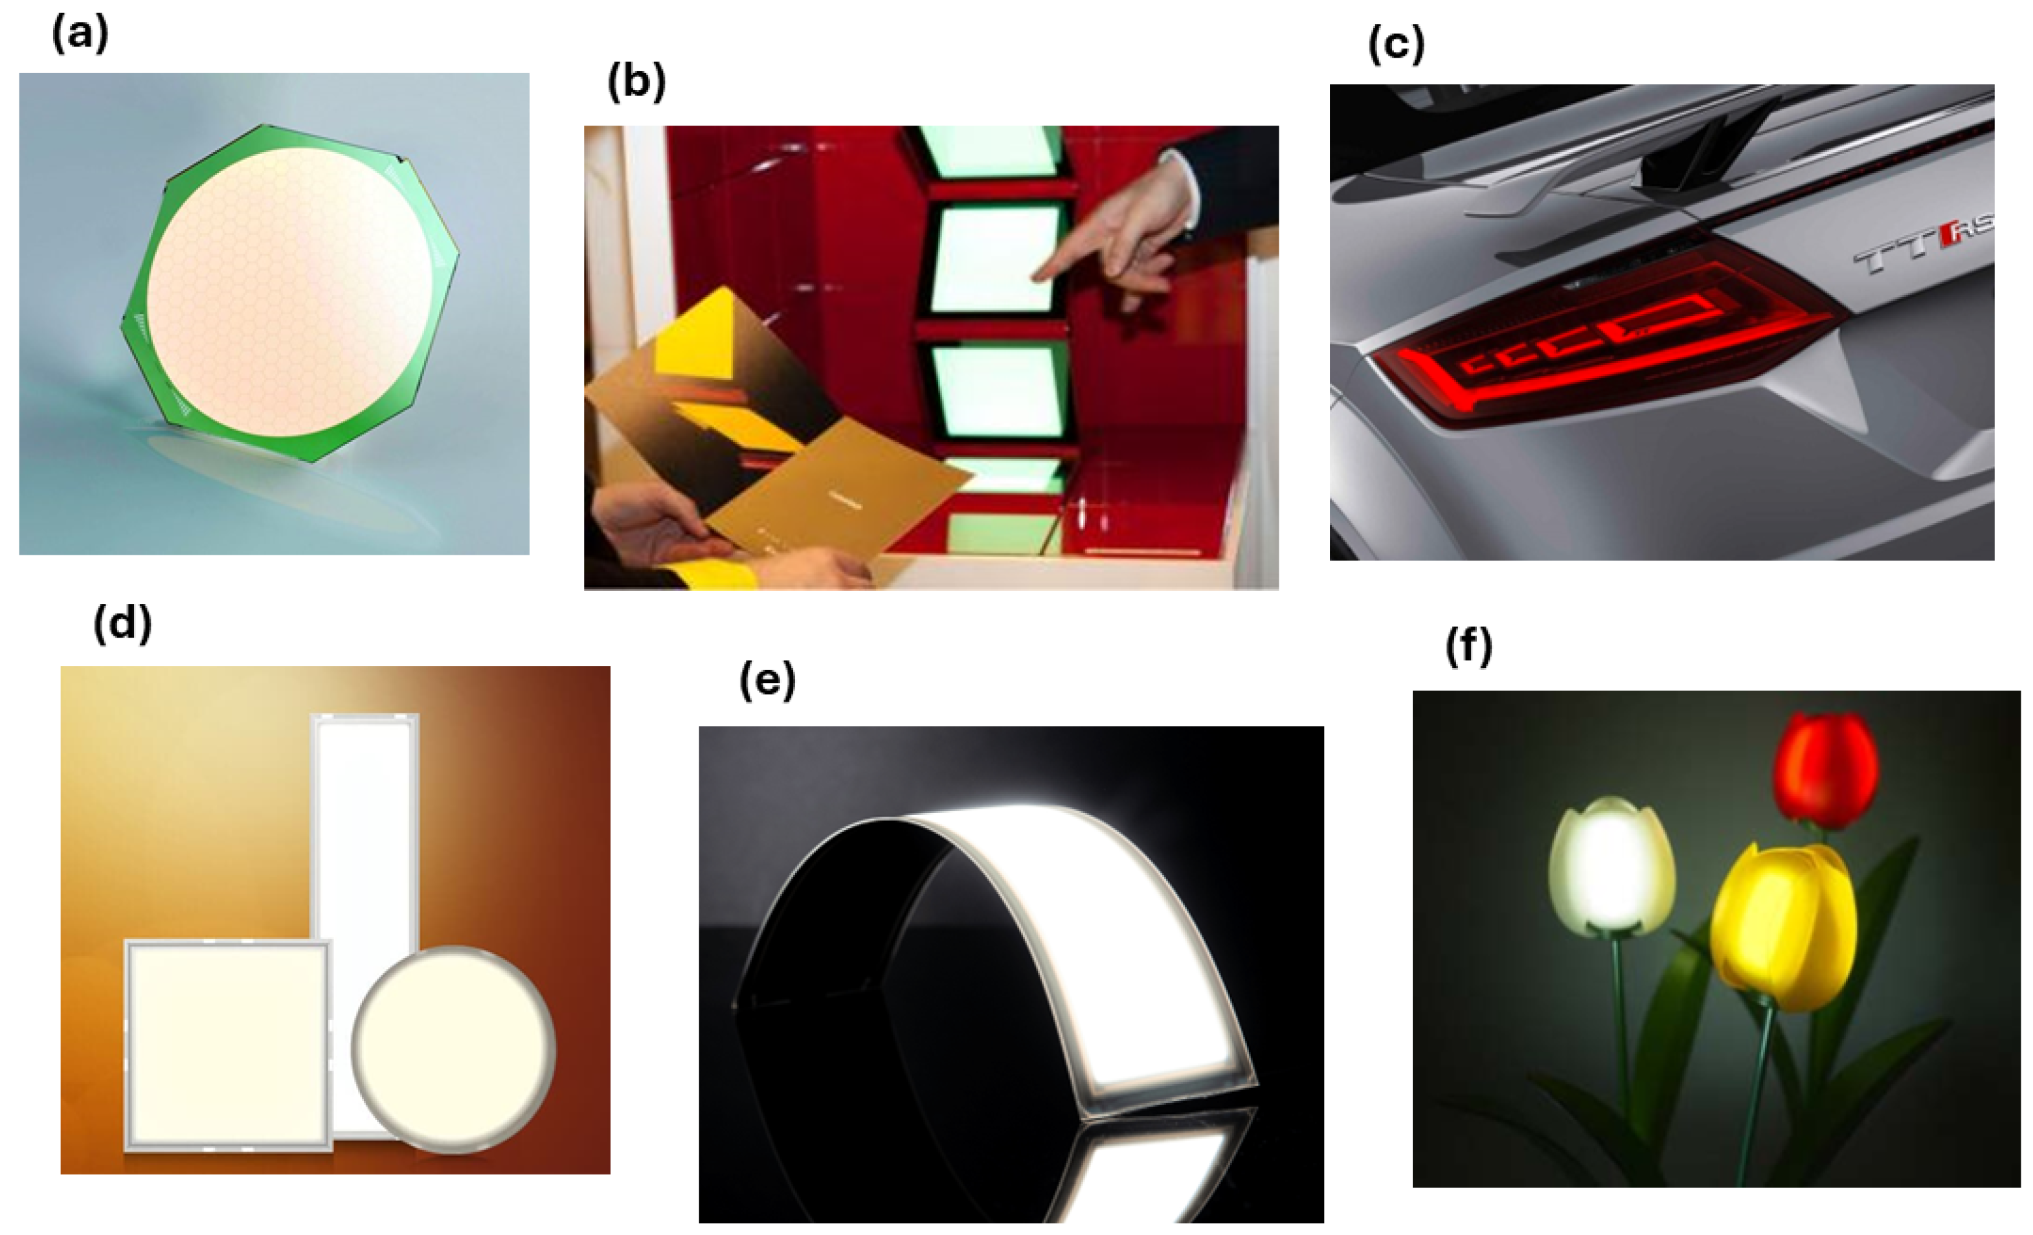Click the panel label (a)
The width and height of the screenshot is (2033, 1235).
pyautogui.click(x=80, y=36)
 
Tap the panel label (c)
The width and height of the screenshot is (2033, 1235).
pyautogui.click(x=1396, y=45)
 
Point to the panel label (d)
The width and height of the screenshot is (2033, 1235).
pyautogui.click(x=122, y=625)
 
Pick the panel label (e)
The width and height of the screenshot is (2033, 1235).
pyautogui.click(x=767, y=682)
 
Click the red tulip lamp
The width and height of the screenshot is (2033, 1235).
pyautogui.click(x=1825, y=769)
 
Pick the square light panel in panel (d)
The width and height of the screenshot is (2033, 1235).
pyautogui.click(x=228, y=1045)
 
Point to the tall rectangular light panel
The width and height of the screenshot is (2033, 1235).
pyautogui.click(x=365, y=825)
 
